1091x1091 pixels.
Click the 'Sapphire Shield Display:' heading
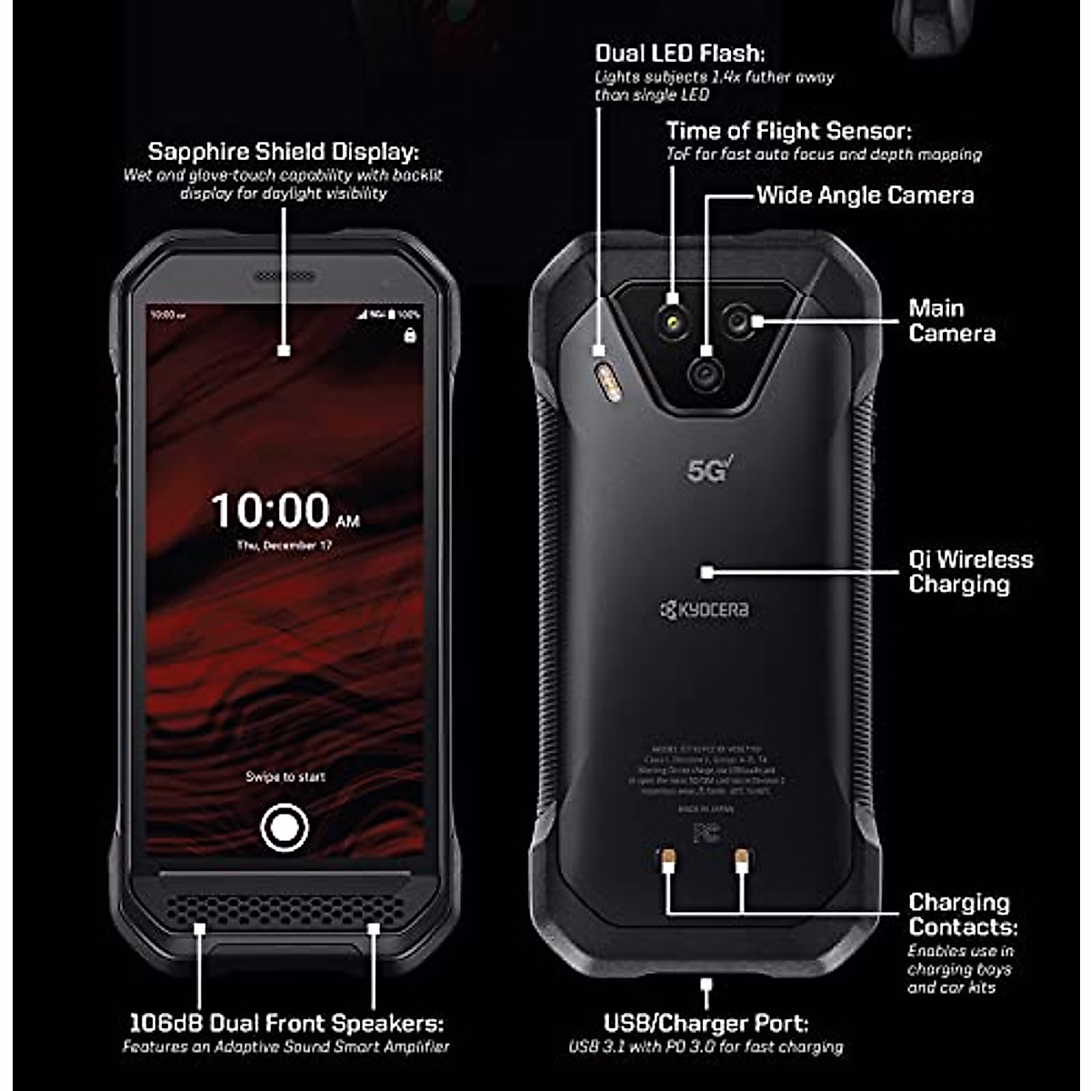[283, 151]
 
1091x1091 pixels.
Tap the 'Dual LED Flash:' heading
[679, 54]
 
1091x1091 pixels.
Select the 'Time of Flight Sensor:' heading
[788, 131]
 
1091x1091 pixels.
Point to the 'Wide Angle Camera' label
[865, 195]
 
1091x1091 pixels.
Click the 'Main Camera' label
[951, 321]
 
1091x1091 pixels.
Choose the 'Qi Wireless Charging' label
[970, 572]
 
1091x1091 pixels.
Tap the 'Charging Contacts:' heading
[962, 915]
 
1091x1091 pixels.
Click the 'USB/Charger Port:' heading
[706, 1024]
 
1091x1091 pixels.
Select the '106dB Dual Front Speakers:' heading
[286, 1024]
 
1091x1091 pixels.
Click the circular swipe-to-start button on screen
[285, 827]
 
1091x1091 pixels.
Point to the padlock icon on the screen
[409, 335]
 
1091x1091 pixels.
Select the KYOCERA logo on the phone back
[705, 609]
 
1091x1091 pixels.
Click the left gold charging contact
[667, 856]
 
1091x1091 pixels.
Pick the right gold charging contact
[742, 856]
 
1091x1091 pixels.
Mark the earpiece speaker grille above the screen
[285, 275]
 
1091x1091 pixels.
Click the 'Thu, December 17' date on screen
[285, 545]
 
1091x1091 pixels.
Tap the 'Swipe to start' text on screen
[285, 776]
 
